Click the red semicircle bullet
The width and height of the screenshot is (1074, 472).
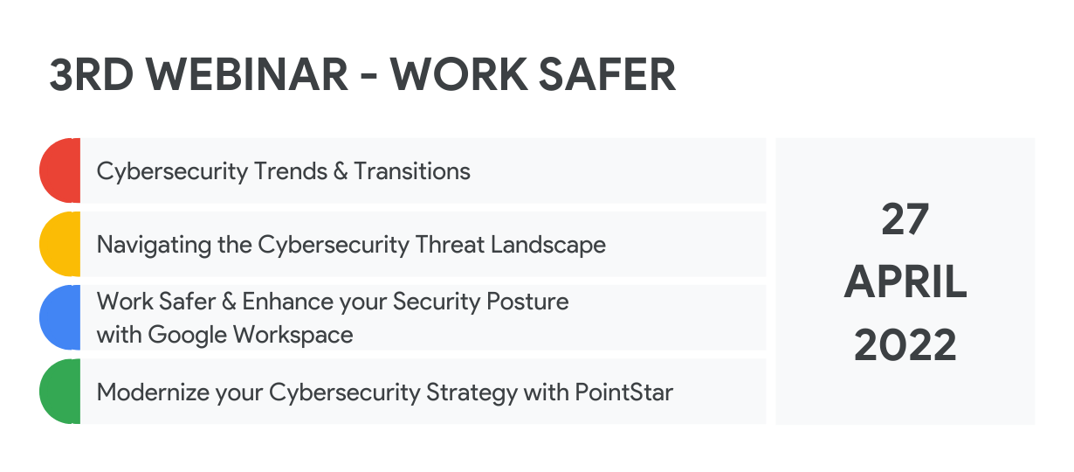click(60, 170)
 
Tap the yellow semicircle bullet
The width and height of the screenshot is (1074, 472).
click(60, 244)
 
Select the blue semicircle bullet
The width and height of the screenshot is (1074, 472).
click(60, 317)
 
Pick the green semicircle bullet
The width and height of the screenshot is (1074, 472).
click(60, 391)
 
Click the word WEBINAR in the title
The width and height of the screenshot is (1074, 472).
click(247, 74)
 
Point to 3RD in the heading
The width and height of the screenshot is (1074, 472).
click(91, 74)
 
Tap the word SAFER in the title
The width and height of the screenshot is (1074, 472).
click(607, 74)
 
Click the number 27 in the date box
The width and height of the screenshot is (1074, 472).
click(905, 219)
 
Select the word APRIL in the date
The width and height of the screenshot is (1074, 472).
click(905, 281)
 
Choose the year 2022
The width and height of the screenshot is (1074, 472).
click(905, 344)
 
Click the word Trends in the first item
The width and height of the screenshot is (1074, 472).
click(291, 171)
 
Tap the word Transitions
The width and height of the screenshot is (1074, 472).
click(412, 171)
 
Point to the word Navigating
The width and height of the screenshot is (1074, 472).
click(154, 246)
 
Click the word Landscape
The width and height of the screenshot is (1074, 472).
click(548, 246)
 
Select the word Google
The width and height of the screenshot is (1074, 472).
click(188, 335)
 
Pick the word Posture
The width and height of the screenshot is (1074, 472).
click(527, 302)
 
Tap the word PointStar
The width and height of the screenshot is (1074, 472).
click(623, 392)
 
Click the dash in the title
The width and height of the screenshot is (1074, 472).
click(368, 77)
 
